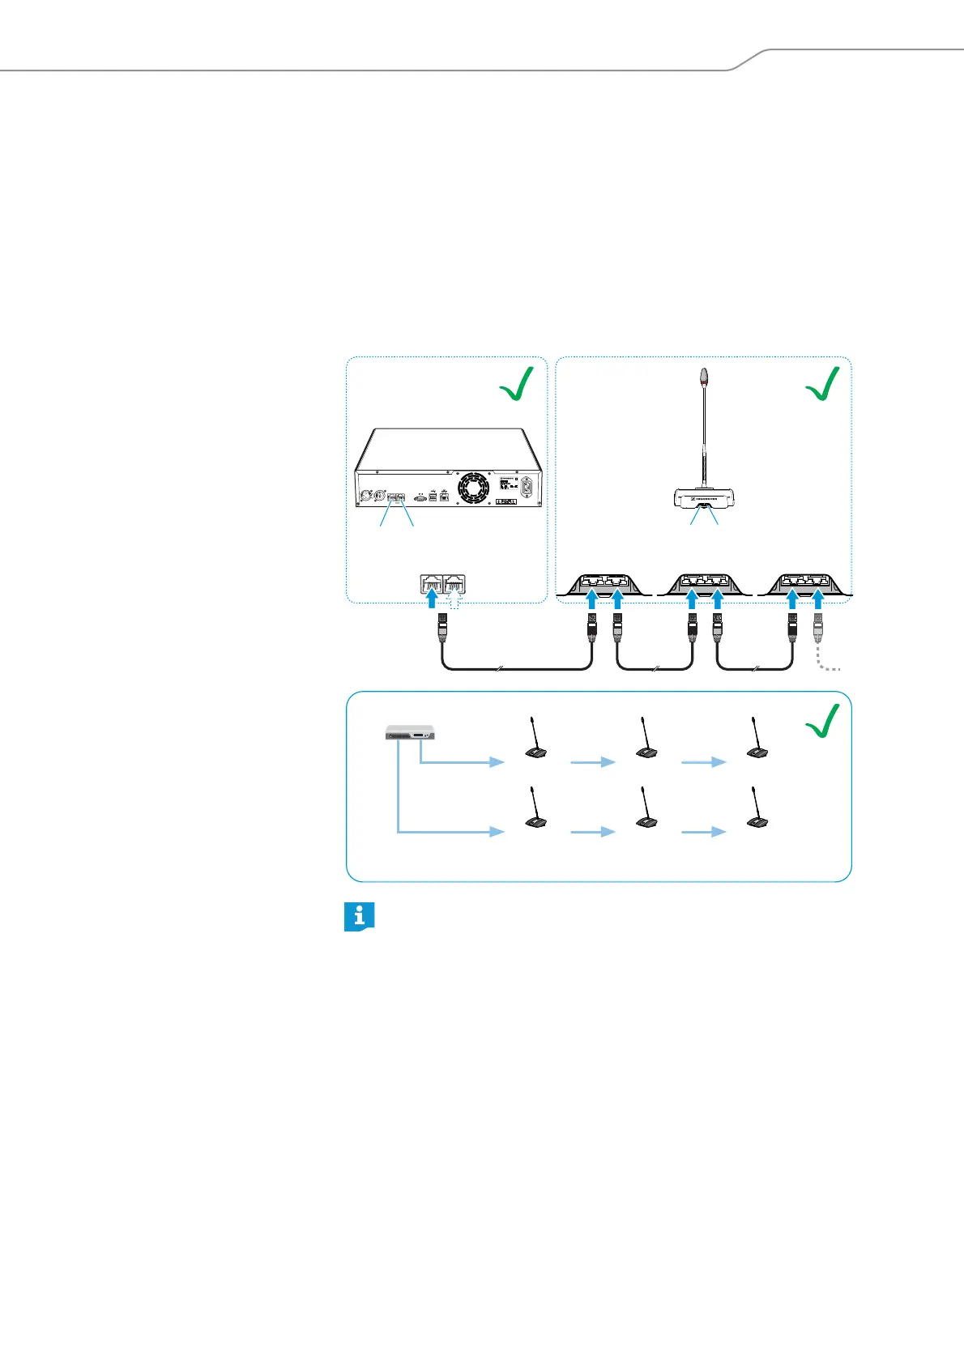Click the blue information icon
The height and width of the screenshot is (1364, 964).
pyautogui.click(x=359, y=916)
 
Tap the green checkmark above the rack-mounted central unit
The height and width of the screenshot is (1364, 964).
pyautogui.click(x=517, y=384)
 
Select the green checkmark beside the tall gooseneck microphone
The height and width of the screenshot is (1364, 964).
pyautogui.click(x=822, y=384)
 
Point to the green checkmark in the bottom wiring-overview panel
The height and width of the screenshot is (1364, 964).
pyautogui.click(x=822, y=719)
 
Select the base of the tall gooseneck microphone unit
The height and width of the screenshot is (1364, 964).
pyautogui.click(x=702, y=497)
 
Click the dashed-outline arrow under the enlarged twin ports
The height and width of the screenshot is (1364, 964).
pyautogui.click(x=454, y=599)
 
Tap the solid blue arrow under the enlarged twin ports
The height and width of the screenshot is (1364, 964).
pyautogui.click(x=432, y=599)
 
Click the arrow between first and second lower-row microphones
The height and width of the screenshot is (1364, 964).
pyautogui.click(x=593, y=832)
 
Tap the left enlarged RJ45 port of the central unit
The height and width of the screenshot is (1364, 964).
pyautogui.click(x=431, y=584)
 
